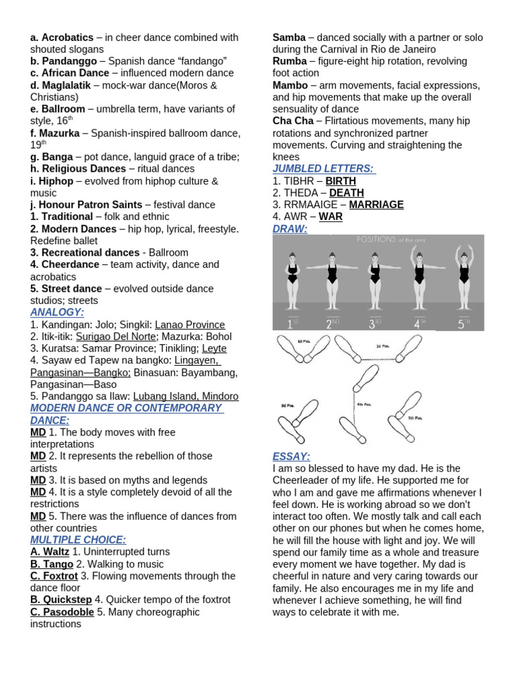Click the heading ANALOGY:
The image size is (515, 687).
click(x=57, y=313)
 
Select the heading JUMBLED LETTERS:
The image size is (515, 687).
click(x=323, y=168)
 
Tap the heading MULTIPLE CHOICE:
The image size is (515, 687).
click(x=78, y=539)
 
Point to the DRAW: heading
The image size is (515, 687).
click(x=290, y=229)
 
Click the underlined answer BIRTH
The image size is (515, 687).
click(x=341, y=180)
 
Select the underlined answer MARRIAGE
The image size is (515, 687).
click(x=376, y=205)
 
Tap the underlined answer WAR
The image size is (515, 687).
click(x=331, y=217)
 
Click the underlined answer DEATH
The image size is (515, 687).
click(x=346, y=193)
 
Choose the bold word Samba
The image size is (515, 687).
click(x=289, y=38)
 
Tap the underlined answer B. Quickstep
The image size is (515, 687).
click(x=61, y=600)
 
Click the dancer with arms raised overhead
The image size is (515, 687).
click(x=463, y=275)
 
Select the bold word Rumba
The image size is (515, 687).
click(x=290, y=61)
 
